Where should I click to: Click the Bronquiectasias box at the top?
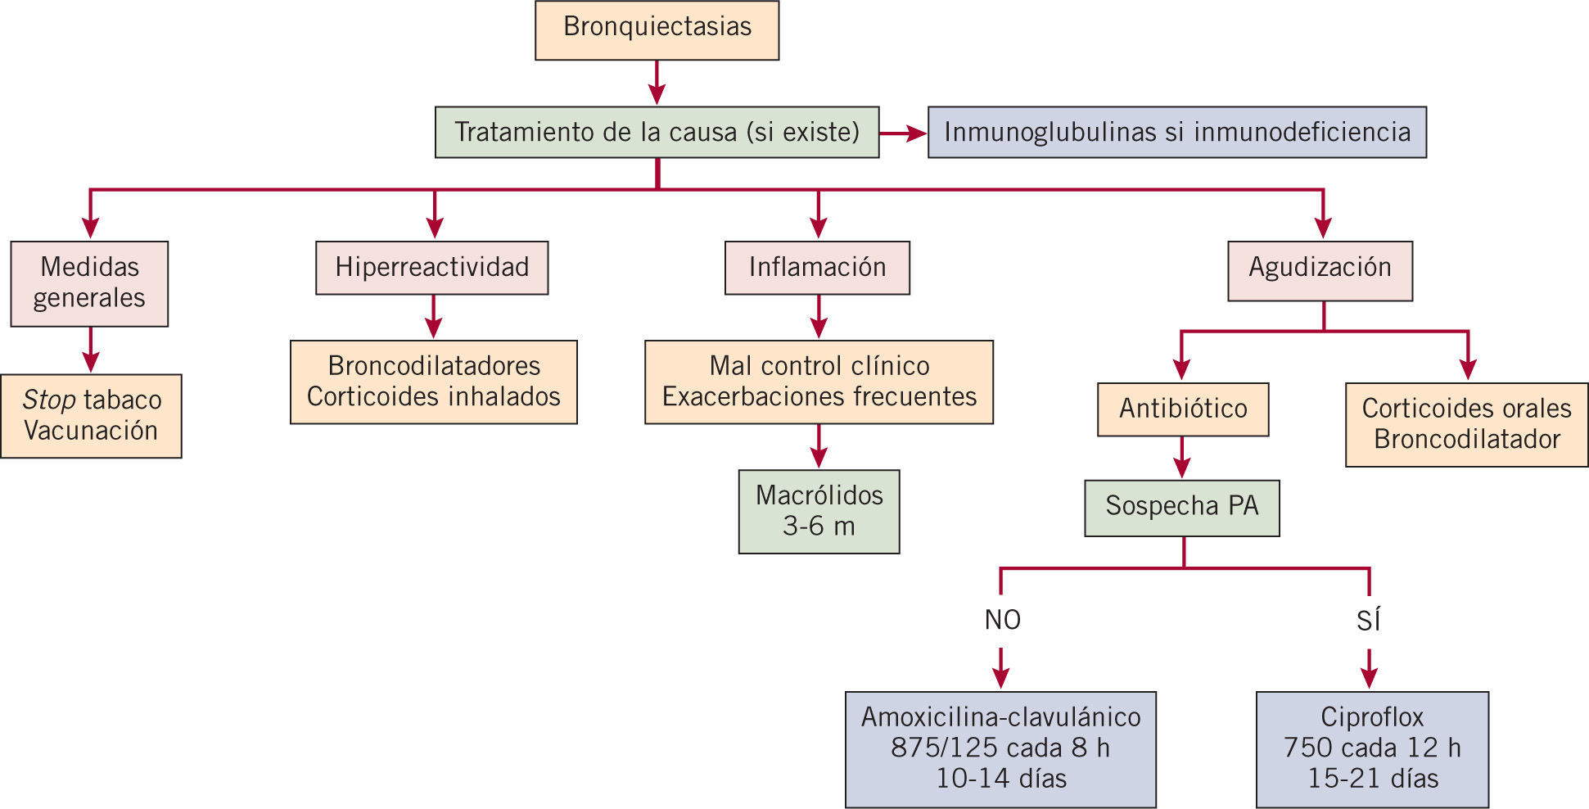click(x=657, y=30)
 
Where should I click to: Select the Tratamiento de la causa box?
click(x=657, y=132)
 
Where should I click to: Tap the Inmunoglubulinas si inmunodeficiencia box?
click(x=1176, y=132)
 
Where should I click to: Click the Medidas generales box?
click(x=89, y=283)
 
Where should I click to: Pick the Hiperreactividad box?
click(x=432, y=268)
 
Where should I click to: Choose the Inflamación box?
click(x=817, y=268)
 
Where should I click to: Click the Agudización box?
click(x=1320, y=270)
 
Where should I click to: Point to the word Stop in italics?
click(x=49, y=400)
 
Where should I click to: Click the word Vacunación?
click(x=91, y=431)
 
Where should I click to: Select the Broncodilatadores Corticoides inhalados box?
click(x=434, y=382)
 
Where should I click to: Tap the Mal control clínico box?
click(x=819, y=382)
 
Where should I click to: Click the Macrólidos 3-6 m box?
click(x=819, y=511)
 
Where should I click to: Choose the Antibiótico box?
click(x=1183, y=409)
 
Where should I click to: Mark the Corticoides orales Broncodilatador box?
click(x=1466, y=424)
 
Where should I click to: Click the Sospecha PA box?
click(x=1182, y=508)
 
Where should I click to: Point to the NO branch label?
click(x=1002, y=620)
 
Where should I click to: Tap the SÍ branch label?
click(x=1369, y=620)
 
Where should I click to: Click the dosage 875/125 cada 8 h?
click(x=1000, y=748)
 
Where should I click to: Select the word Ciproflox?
click(x=1372, y=717)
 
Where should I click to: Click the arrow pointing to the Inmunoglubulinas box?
click(x=904, y=133)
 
